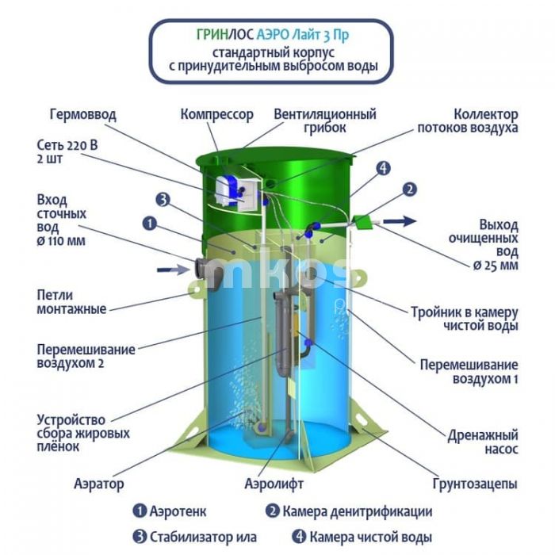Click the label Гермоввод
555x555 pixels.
coord(82,114)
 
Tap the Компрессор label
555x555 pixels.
coord(217,114)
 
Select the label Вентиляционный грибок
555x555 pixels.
coord(325,121)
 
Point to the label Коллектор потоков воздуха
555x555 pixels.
coord(468,121)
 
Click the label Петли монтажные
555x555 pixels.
coord(71,301)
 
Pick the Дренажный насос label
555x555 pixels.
coord(483,442)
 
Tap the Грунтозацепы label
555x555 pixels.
coord(475,484)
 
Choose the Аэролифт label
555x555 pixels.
coord(274,483)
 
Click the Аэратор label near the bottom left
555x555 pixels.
coord(99,483)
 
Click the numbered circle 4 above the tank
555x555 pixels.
coord(383,168)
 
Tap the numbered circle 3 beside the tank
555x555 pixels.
coord(163,200)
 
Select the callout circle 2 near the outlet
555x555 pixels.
coord(410,189)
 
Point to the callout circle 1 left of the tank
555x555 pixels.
coord(150,224)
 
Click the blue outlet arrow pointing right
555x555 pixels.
coord(400,221)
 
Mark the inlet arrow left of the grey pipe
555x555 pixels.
coord(173,270)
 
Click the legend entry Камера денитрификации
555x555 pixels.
coord(349,511)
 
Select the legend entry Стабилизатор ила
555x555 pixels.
coord(195,537)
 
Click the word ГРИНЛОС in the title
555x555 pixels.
coord(225,35)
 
